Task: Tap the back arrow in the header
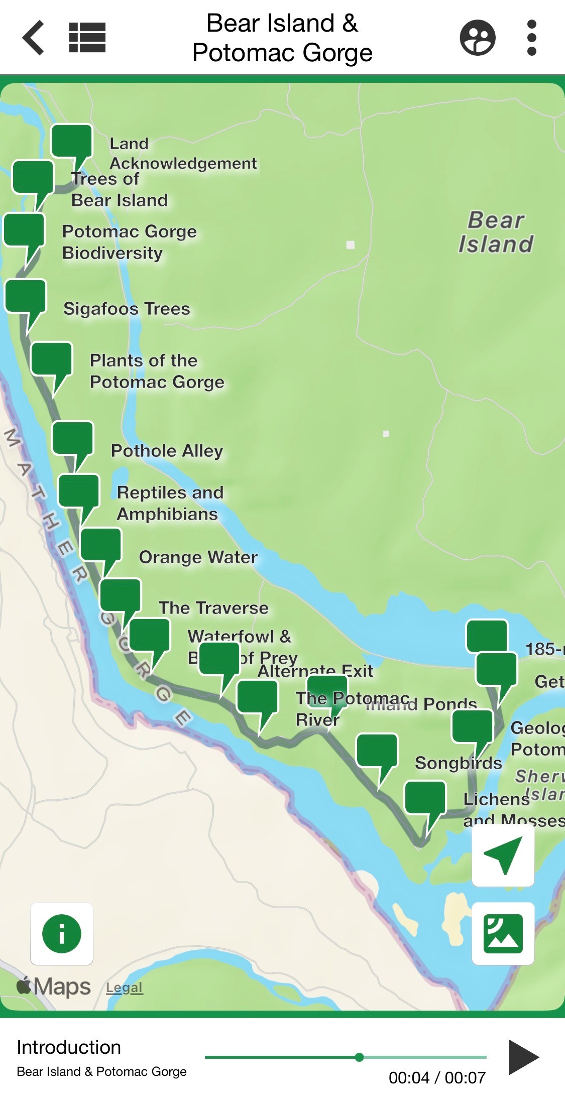pyautogui.click(x=34, y=38)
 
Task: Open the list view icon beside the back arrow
pyautogui.click(x=87, y=38)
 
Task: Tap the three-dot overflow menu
pyautogui.click(x=532, y=38)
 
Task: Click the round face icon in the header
pyautogui.click(x=478, y=38)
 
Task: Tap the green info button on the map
pyautogui.click(x=62, y=934)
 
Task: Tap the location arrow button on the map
pyautogui.click(x=503, y=855)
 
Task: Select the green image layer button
pyautogui.click(x=503, y=934)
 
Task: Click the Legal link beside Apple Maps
pyautogui.click(x=124, y=988)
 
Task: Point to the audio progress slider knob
pyautogui.click(x=359, y=1057)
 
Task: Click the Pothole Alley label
pyautogui.click(x=167, y=451)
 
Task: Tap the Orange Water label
pyautogui.click(x=198, y=557)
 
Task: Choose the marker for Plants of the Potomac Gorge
pyautogui.click(x=52, y=358)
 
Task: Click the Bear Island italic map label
pyautogui.click(x=496, y=232)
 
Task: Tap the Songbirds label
pyautogui.click(x=458, y=763)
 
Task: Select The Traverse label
pyautogui.click(x=213, y=608)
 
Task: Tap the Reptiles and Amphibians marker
pyautogui.click(x=79, y=490)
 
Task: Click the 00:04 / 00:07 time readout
pyautogui.click(x=437, y=1077)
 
